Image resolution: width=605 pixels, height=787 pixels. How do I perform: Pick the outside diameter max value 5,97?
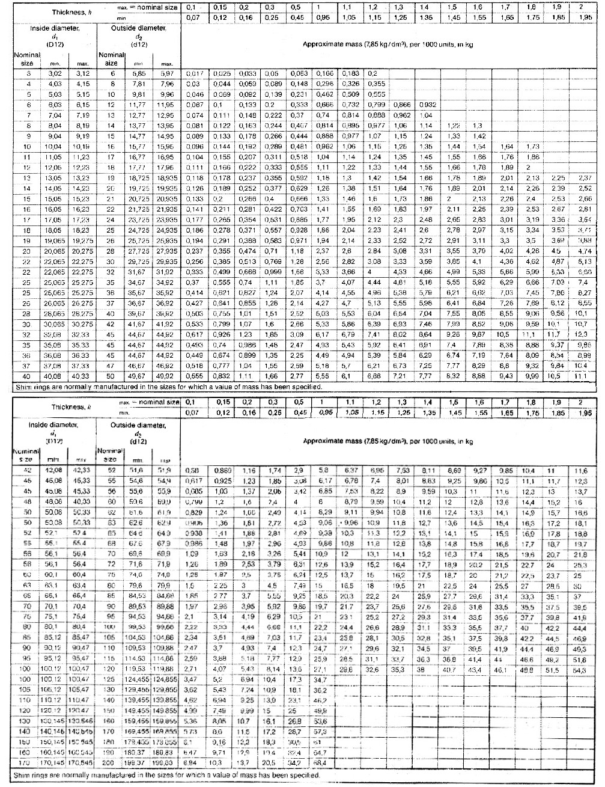[166, 73]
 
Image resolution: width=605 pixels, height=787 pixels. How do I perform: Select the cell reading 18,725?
[139, 179]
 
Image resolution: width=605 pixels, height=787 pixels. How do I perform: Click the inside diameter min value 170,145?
[55, 762]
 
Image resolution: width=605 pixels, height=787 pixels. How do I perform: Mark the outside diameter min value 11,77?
[139, 105]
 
